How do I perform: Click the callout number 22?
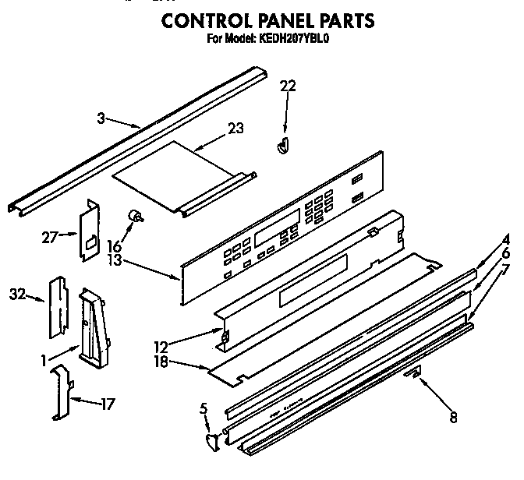tap(289, 86)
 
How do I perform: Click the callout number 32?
tap(17, 295)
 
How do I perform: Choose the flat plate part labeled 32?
tap(57, 306)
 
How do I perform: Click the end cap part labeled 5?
tap(211, 444)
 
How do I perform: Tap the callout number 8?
tap(453, 418)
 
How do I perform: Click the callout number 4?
tap(505, 240)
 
